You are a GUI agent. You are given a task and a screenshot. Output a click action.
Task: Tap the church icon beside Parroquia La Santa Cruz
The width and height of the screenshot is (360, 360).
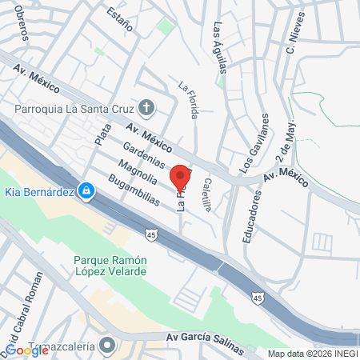click(x=146, y=106)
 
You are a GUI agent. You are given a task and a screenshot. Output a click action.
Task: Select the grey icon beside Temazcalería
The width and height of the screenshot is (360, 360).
click(x=109, y=346)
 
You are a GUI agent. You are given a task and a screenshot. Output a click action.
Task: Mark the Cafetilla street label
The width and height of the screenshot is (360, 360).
click(x=206, y=195)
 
